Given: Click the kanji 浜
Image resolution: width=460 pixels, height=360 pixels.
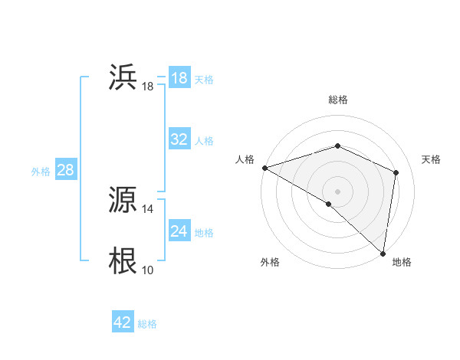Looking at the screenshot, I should [x=123, y=77].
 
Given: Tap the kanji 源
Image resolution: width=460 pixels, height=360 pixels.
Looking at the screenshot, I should [x=123, y=200].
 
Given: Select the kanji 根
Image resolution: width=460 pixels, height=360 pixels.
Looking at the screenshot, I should [x=123, y=261].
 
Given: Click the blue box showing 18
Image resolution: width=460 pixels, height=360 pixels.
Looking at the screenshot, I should [x=179, y=78].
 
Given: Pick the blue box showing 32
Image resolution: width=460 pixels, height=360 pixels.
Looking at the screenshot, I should [x=179, y=139].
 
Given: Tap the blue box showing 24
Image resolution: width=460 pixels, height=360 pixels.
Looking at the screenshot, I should [x=179, y=231].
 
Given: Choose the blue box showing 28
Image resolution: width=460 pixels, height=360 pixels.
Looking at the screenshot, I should [x=66, y=170].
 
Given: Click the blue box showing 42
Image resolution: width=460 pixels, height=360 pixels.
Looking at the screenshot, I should [x=123, y=322].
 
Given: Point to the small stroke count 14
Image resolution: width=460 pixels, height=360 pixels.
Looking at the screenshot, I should [x=148, y=209].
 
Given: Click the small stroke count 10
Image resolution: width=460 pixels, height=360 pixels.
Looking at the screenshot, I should [x=148, y=270].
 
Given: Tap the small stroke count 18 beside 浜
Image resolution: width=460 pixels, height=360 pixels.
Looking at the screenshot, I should [x=148, y=87].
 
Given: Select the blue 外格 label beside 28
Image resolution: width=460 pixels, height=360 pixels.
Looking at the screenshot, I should [x=41, y=172].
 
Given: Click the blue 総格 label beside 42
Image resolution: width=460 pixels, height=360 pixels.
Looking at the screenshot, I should [x=148, y=324].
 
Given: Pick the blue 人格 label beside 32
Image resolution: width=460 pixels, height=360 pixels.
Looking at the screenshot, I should [x=205, y=141].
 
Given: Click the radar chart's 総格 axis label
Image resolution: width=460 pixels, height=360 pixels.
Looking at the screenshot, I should [x=338, y=100].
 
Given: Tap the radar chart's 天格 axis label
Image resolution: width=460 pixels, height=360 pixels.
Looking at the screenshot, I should [x=432, y=159].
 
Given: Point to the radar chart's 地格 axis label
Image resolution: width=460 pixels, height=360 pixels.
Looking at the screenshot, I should [x=402, y=263].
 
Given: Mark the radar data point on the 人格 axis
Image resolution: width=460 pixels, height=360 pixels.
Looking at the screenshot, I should [x=264, y=168].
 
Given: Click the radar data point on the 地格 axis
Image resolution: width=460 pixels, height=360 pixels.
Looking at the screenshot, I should [x=383, y=253].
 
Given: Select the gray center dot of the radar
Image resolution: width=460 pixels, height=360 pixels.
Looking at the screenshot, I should [x=338, y=191].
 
